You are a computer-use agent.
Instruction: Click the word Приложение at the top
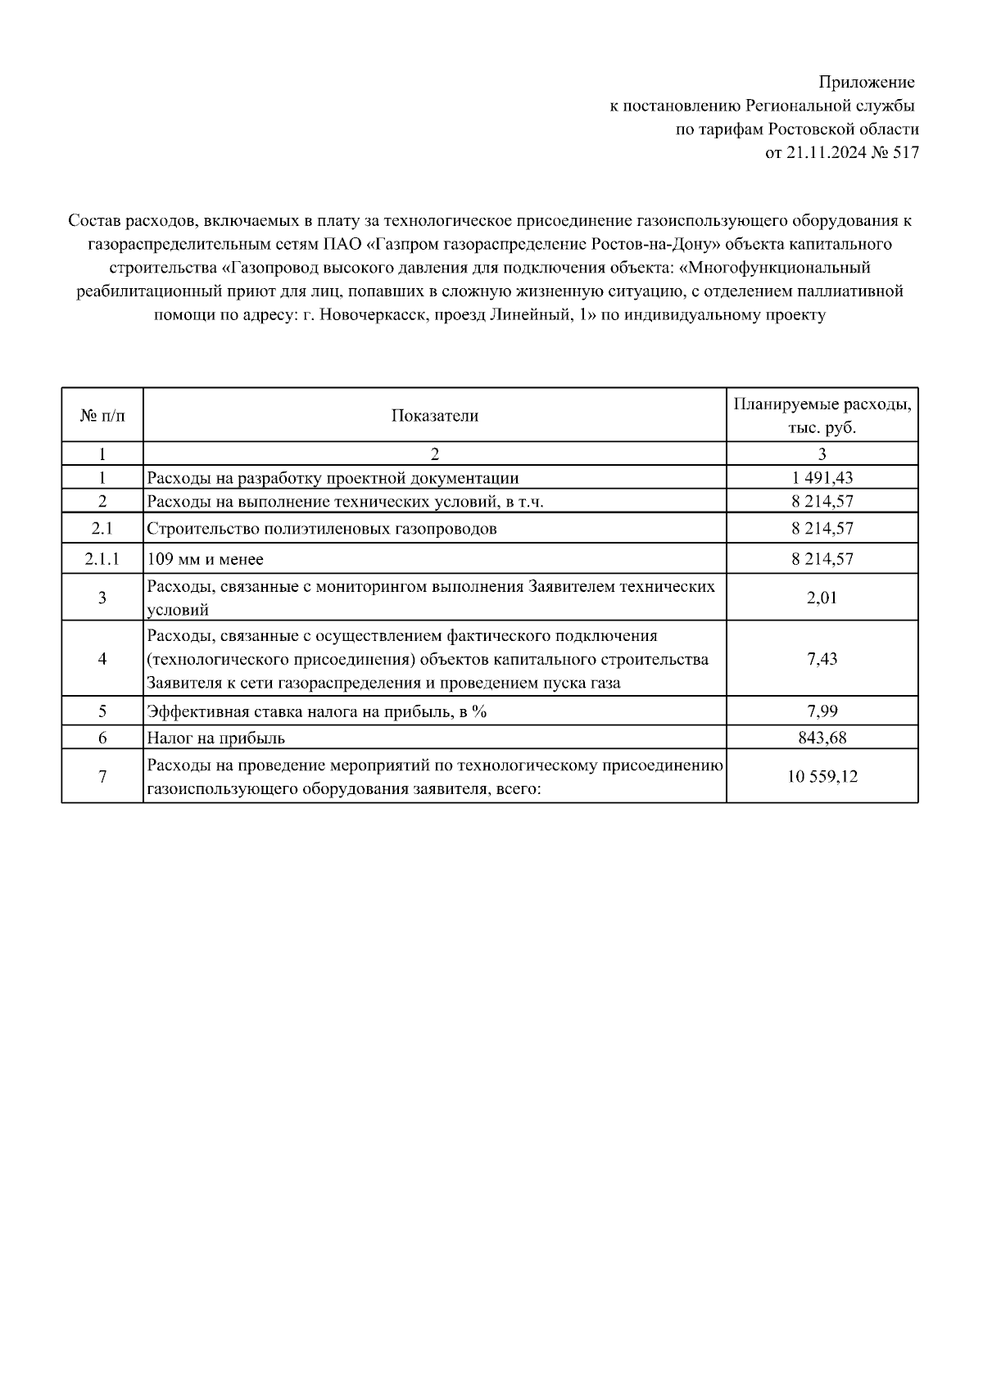867,83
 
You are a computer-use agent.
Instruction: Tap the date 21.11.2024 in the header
823,152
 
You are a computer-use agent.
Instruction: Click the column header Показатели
434,416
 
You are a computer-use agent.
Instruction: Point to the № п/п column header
102,416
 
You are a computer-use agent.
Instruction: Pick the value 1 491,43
822,478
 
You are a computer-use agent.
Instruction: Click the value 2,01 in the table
822,598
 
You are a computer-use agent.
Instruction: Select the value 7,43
822,659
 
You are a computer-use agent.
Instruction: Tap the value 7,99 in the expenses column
822,711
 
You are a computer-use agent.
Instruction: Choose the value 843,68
822,738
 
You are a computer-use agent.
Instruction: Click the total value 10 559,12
822,777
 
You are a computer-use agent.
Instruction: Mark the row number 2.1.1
102,559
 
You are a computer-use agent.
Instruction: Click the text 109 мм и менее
205,560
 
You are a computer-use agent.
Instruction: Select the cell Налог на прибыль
215,738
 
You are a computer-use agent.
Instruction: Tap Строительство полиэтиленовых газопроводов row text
322,529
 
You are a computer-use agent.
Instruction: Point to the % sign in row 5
479,711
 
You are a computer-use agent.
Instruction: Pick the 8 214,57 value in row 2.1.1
822,559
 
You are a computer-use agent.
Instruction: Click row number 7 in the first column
102,777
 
